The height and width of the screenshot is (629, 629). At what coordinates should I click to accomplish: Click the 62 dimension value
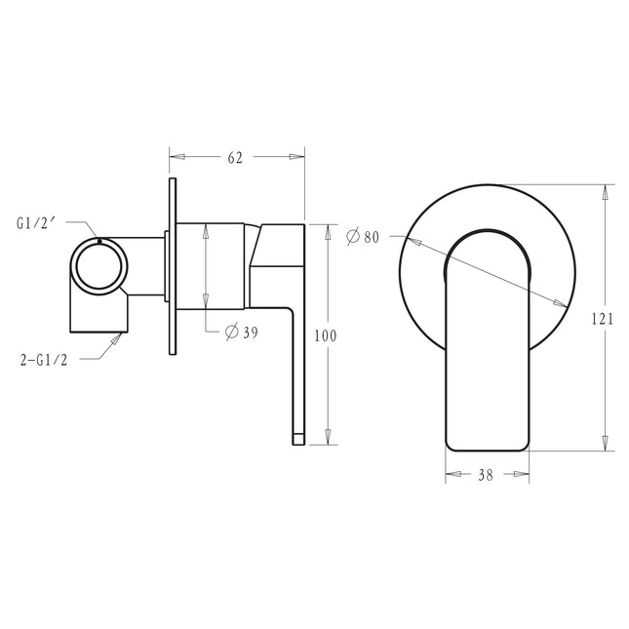click(x=235, y=158)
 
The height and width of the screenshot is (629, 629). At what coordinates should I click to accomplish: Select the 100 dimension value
click(x=326, y=335)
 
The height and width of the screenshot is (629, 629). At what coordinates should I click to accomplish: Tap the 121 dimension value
click(x=603, y=319)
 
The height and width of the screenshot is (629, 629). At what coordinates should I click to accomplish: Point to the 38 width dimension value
click(x=486, y=475)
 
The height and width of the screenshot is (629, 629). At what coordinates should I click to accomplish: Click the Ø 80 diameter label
click(x=363, y=236)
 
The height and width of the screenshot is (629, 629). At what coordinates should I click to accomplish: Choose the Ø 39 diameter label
click(x=242, y=332)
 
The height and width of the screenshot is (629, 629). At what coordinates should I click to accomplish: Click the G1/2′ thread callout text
click(x=35, y=223)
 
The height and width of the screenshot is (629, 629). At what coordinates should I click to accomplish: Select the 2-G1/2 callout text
click(x=44, y=360)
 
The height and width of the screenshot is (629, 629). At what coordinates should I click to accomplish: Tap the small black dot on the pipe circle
click(x=99, y=241)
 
